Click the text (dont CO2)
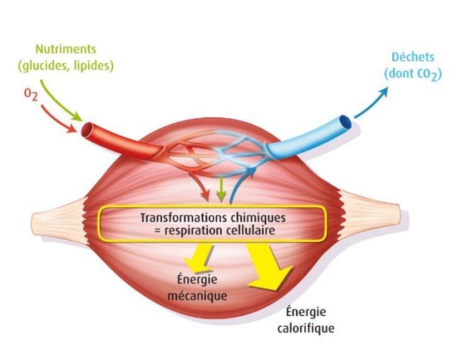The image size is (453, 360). [x=408, y=73]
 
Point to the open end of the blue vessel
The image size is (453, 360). [x=345, y=126]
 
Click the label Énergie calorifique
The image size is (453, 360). [x=306, y=320]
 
